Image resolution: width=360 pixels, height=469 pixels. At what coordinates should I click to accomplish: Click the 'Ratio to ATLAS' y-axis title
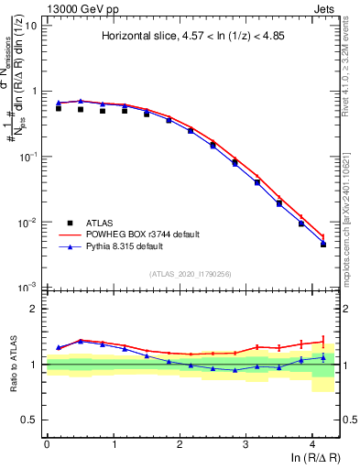pyautogui.click(x=12, y=365)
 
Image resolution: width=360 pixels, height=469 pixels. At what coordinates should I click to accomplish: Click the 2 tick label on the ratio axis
pyautogui.click(x=37, y=310)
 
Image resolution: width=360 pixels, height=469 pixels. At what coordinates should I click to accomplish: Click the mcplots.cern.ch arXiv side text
pyautogui.click(x=353, y=211)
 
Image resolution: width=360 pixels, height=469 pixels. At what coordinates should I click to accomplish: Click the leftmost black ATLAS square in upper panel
pyautogui.click(x=59, y=108)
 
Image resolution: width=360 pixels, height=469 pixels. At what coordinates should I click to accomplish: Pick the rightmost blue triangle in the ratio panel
pyautogui.click(x=323, y=358)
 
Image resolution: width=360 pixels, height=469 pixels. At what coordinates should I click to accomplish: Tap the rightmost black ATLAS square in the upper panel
pyautogui.click(x=323, y=245)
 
